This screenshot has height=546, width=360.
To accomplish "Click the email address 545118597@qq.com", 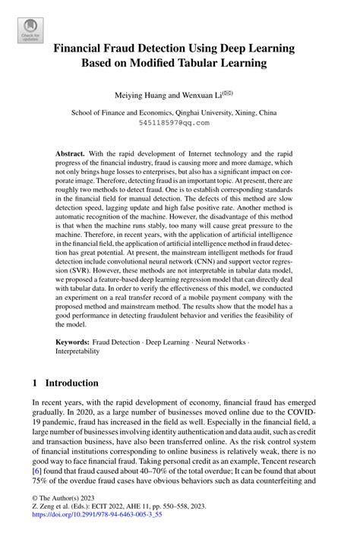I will (179, 122).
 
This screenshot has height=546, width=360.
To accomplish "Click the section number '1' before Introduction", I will (35, 383).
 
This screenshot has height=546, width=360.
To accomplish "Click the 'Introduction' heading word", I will (73, 383).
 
